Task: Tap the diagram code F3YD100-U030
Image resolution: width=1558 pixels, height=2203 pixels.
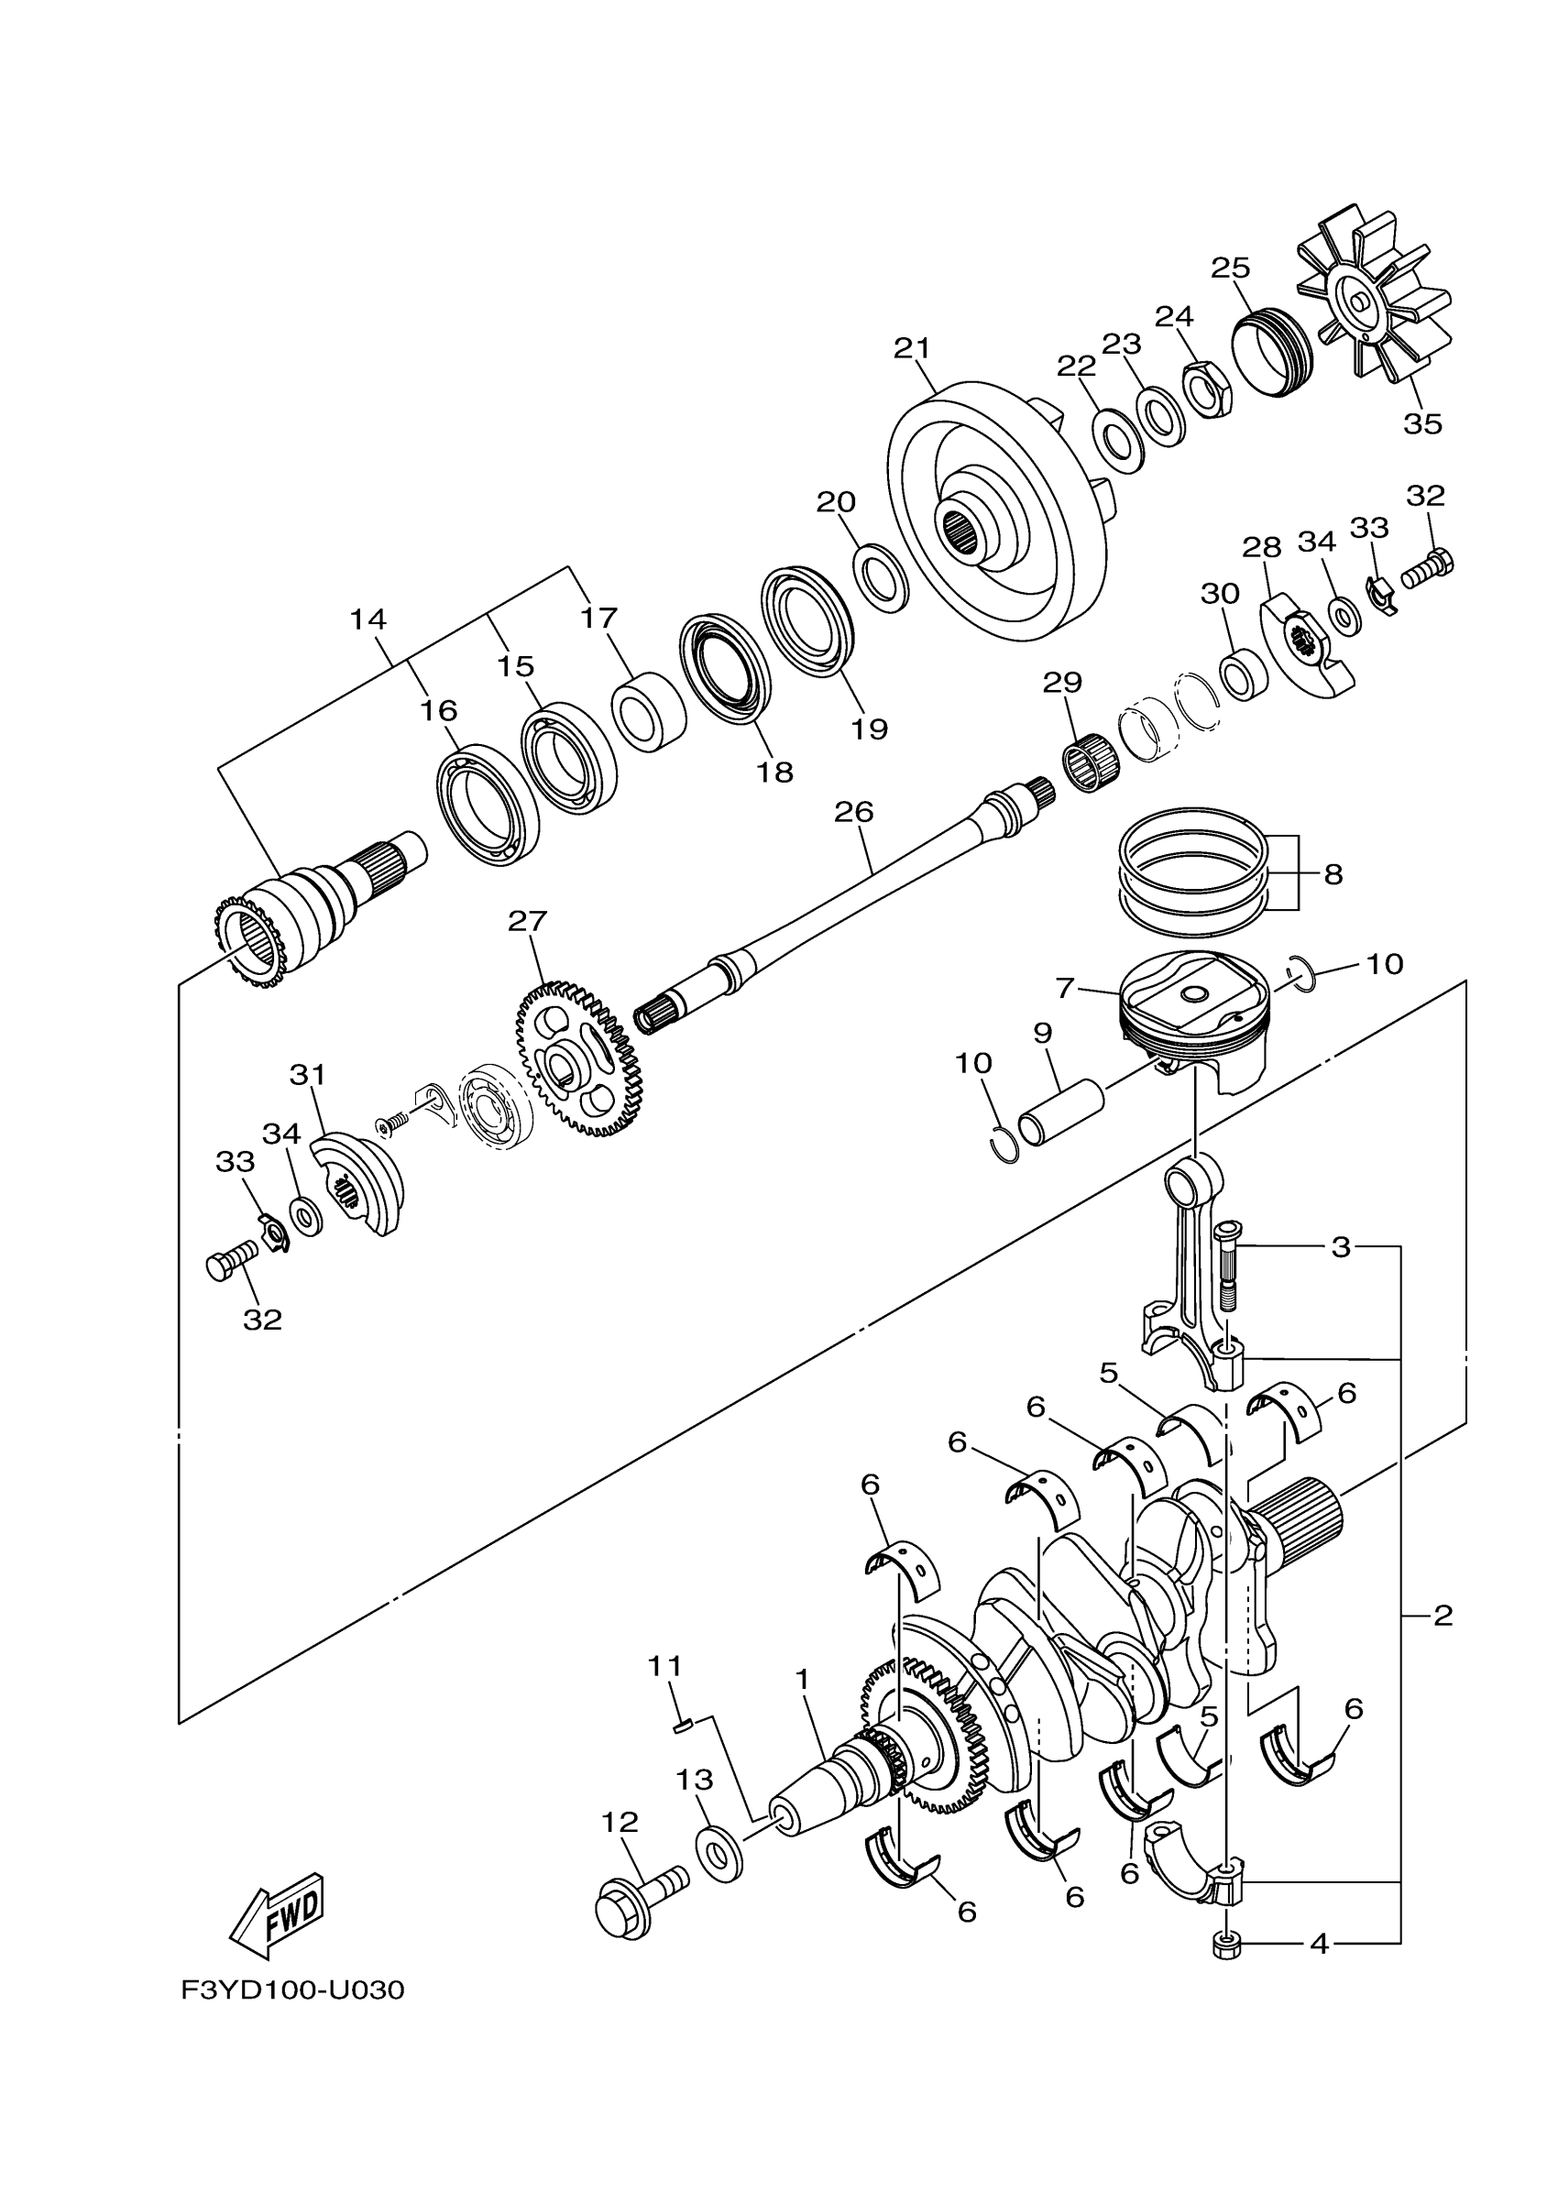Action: pyautogui.click(x=292, y=1991)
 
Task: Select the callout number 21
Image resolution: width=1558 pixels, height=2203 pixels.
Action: pyautogui.click(x=911, y=348)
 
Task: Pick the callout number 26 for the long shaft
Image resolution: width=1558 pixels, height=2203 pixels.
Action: pyautogui.click(x=853, y=812)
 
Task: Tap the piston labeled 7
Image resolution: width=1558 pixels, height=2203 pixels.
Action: pyautogui.click(x=1194, y=1017)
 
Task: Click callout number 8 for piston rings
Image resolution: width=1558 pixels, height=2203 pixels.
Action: pyautogui.click(x=1333, y=874)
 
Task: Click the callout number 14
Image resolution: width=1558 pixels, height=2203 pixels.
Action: pyautogui.click(x=368, y=619)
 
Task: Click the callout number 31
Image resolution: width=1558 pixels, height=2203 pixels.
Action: pyautogui.click(x=308, y=1075)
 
